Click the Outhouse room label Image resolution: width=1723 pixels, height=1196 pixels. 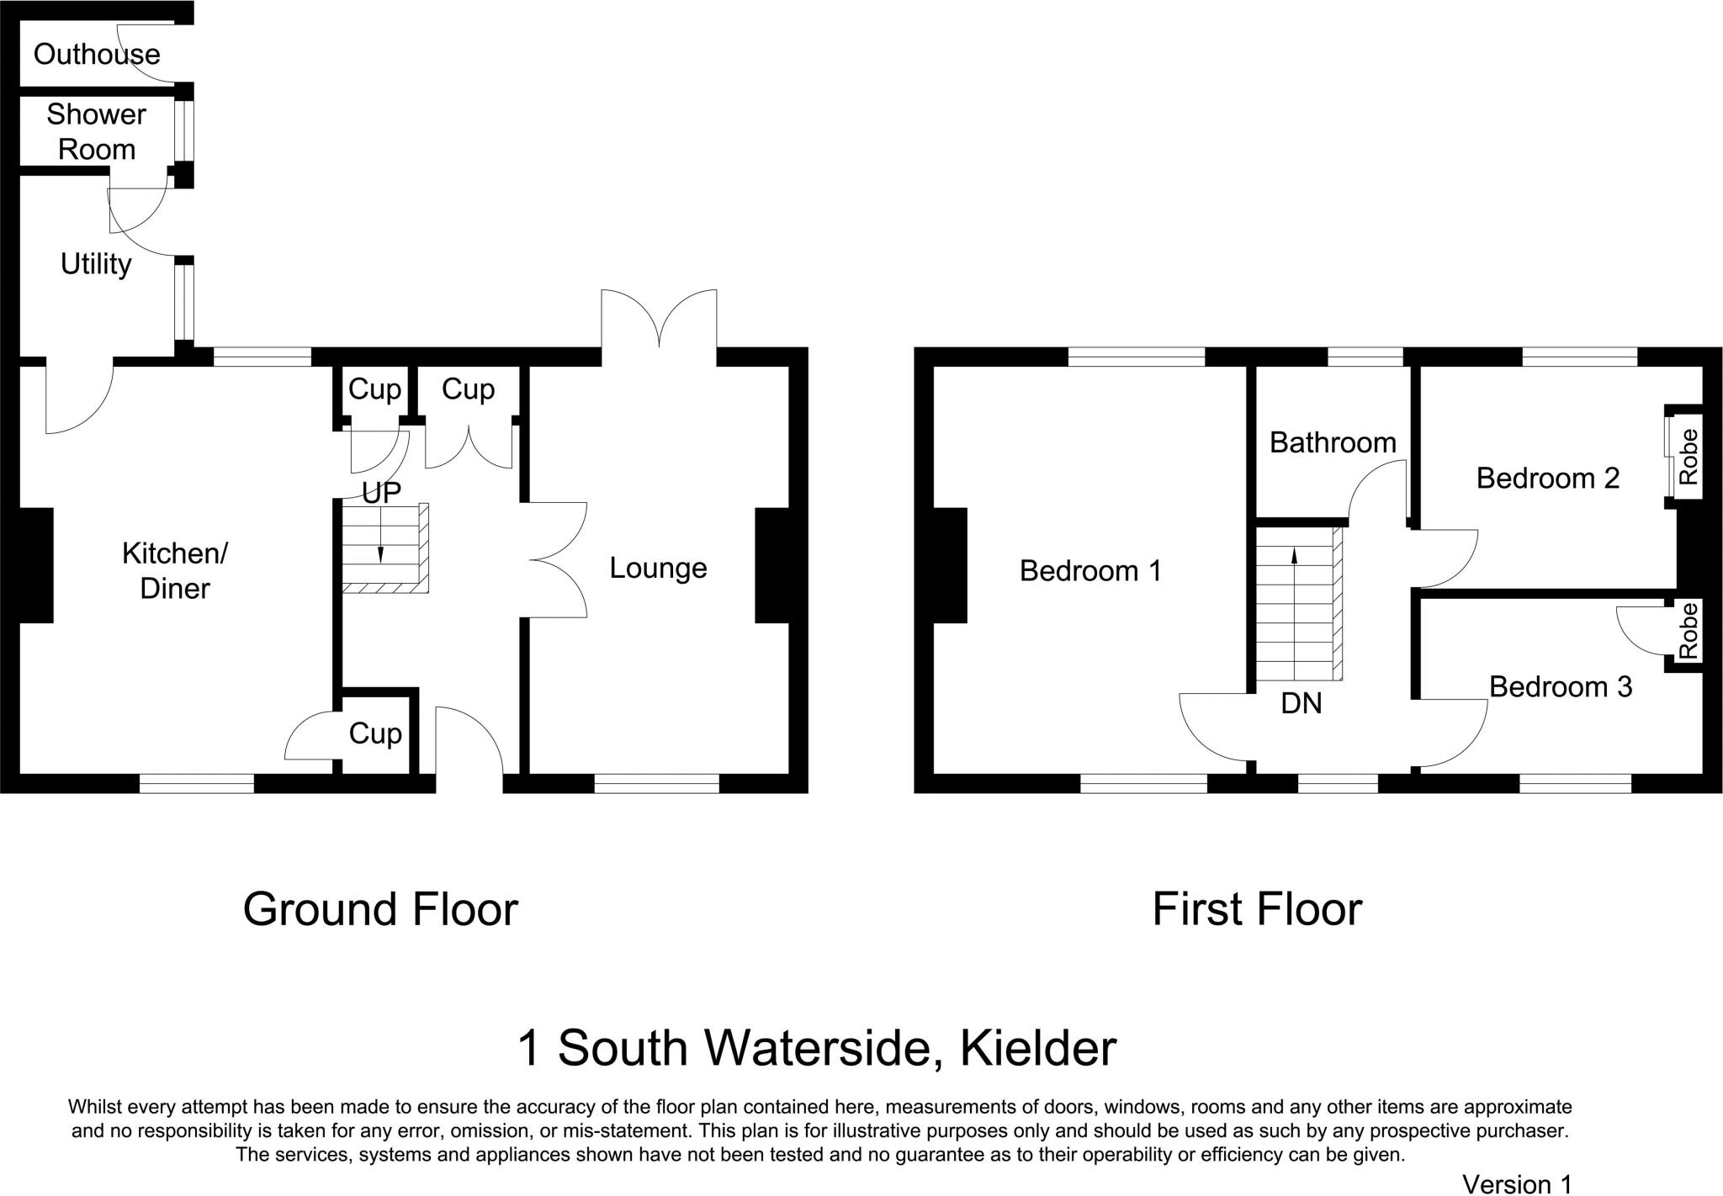[x=97, y=55]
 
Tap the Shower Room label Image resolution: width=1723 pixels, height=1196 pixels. [x=97, y=132]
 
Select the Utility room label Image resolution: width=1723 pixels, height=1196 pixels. [x=96, y=265]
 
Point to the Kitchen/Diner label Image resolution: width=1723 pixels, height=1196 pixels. [x=175, y=570]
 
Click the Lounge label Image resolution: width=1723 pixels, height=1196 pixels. [x=658, y=569]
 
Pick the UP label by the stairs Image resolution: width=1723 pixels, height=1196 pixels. [x=382, y=493]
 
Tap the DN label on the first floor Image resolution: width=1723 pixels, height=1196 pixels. [x=1301, y=703]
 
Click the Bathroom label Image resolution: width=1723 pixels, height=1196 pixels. [x=1333, y=442]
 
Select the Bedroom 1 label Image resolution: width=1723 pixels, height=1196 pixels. [x=1090, y=571]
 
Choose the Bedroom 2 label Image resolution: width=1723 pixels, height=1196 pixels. [x=1548, y=479]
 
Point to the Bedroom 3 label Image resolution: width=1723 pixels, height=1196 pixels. [x=1561, y=687]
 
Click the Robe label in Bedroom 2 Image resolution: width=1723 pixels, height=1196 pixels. [x=1688, y=457]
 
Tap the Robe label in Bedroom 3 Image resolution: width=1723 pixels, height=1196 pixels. [x=1688, y=631]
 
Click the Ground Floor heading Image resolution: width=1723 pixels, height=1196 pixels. [x=380, y=910]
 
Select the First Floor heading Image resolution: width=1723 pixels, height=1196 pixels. [x=1256, y=910]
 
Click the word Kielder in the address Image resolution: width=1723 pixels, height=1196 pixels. [x=1038, y=1049]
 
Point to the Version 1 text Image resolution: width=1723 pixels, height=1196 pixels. [x=1517, y=1184]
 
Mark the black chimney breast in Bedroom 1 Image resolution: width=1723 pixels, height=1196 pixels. [x=950, y=565]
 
